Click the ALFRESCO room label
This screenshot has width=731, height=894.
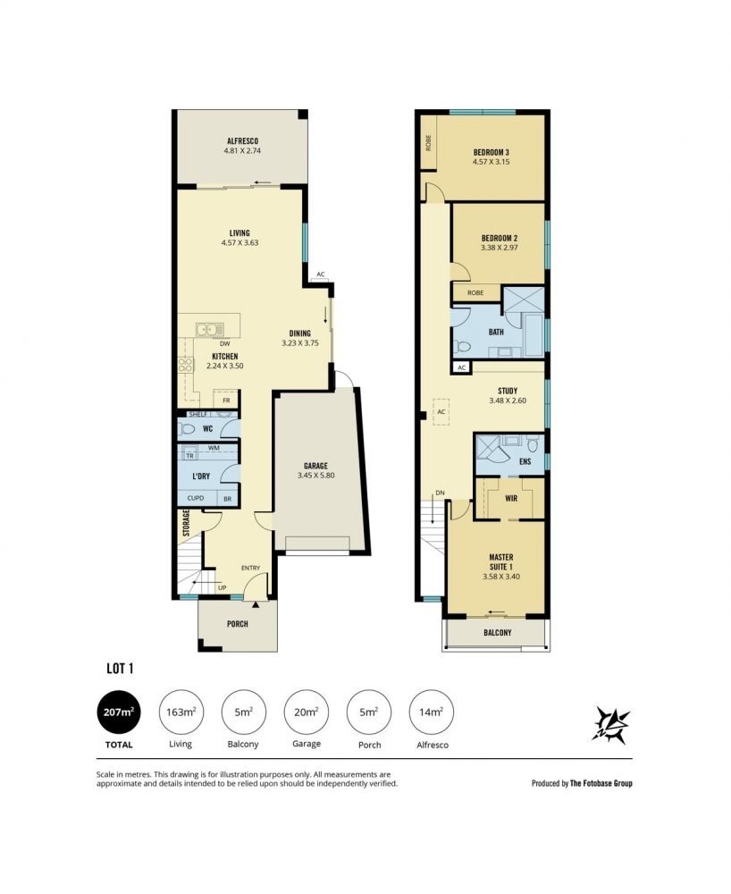coord(243,141)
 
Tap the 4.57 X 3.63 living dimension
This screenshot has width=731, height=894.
coord(239,242)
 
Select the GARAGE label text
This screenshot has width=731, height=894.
coord(315,466)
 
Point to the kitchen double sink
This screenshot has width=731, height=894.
coord(210,330)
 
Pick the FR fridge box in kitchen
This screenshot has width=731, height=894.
coord(226,401)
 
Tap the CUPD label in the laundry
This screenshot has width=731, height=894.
coord(196,498)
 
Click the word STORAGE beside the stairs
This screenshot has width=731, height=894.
coord(186,523)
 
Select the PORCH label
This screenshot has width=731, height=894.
coord(238,624)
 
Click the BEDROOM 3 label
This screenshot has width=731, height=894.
coord(492,152)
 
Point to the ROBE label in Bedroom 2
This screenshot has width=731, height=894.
coord(475,292)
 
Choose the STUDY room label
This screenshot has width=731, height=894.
coord(508,391)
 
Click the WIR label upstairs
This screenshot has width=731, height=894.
coord(511,498)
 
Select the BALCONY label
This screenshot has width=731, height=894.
coord(498,632)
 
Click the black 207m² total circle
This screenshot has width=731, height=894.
coord(119,712)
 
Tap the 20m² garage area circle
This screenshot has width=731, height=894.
coord(306,712)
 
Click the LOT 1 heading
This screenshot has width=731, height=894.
coord(120,668)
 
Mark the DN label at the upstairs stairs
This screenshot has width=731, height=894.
coord(440,493)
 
